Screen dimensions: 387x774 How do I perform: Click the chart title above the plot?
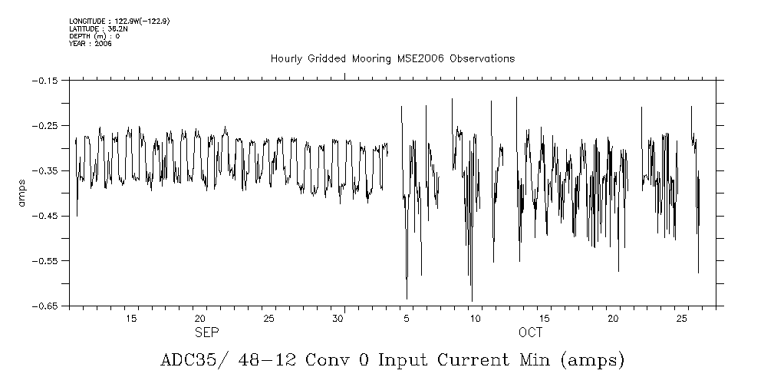pos(392,58)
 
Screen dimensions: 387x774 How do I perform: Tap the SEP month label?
pos(206,332)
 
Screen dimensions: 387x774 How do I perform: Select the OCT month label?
pos(530,332)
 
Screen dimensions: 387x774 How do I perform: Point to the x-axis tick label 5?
pos(407,319)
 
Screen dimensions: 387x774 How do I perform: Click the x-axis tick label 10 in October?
pos(476,319)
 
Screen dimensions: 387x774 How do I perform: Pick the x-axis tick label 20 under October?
pos(613,319)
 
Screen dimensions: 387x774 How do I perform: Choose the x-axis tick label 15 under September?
pos(131,319)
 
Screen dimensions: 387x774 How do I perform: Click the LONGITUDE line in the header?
pos(118,21)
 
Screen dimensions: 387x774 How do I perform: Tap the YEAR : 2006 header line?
pos(90,44)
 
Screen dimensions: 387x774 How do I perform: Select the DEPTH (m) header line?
pos(94,36)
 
